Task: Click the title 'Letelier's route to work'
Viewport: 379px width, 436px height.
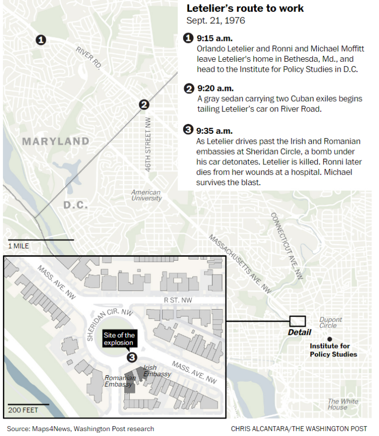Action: (x=245, y=8)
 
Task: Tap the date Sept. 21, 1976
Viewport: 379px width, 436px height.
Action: (x=216, y=21)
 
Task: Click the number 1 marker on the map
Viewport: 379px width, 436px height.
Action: (x=41, y=40)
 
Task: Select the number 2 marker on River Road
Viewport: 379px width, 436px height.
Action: (x=144, y=104)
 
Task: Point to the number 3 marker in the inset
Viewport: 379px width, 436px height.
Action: (x=131, y=357)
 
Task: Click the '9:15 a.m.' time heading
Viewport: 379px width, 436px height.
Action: (x=215, y=38)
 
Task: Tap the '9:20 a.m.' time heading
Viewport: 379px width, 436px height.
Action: (x=215, y=88)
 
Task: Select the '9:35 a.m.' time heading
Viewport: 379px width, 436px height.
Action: (x=214, y=131)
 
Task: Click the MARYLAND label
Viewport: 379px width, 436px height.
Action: (x=55, y=142)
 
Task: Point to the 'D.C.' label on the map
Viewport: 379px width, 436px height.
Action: (x=75, y=204)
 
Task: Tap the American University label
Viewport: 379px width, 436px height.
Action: (x=146, y=195)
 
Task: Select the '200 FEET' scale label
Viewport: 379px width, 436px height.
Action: (x=23, y=410)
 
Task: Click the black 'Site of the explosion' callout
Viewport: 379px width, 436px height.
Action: (x=118, y=339)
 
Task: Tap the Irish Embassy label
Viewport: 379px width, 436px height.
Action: (x=157, y=371)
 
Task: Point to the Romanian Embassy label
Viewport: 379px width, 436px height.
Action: (x=120, y=381)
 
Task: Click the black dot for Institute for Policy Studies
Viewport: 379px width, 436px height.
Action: (x=330, y=339)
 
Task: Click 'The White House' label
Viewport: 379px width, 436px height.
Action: (x=341, y=404)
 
